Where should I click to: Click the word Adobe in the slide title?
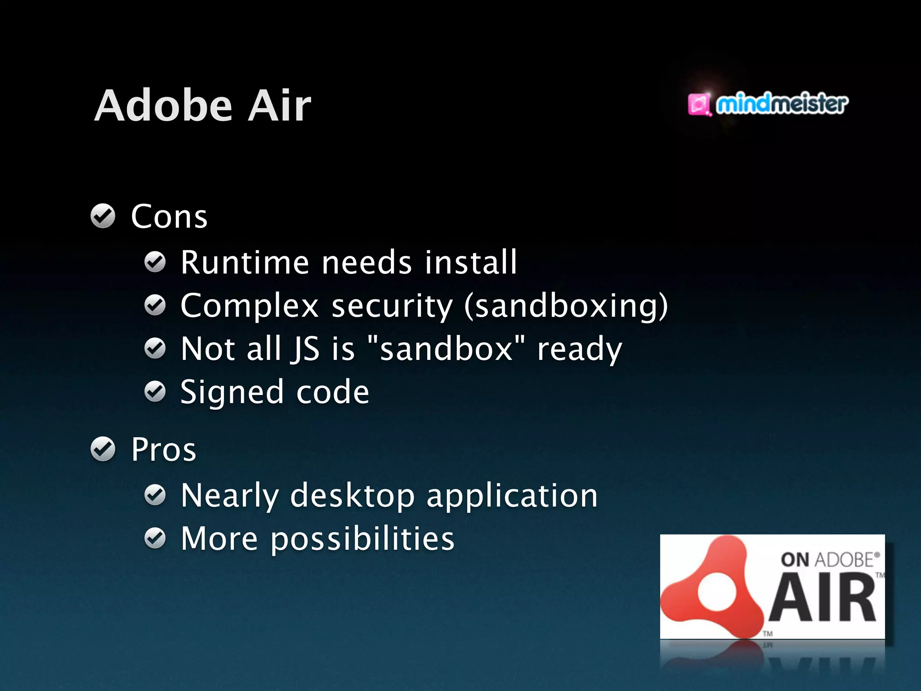[x=164, y=106]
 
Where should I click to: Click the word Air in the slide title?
[x=279, y=106]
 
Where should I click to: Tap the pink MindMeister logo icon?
[x=699, y=104]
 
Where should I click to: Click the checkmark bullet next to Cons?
[x=103, y=216]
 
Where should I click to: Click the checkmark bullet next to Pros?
[x=103, y=449]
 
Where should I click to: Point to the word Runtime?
[x=245, y=262]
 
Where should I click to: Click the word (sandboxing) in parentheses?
[x=566, y=306]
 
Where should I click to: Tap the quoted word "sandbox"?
[x=446, y=349]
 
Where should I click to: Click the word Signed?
[x=232, y=392]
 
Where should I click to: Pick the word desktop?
[x=353, y=496]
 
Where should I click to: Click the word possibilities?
[x=362, y=539]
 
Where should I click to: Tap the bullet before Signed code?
[x=155, y=391]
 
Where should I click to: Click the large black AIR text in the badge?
[x=823, y=598]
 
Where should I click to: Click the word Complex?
[x=250, y=306]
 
